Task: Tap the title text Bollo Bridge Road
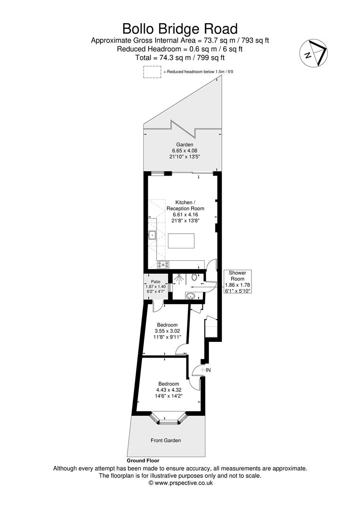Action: coord(180,28)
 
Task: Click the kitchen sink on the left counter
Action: coord(152,235)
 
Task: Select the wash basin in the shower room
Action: coord(190,296)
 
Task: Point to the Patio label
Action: coord(155,281)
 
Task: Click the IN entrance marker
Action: coord(207,370)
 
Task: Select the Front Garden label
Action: coord(166,440)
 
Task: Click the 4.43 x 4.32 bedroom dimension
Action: coord(168,390)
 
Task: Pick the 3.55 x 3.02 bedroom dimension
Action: coord(167,331)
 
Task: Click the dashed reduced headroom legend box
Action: coord(152,72)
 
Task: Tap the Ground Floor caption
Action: coord(143,460)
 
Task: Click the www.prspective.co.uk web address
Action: coord(180,483)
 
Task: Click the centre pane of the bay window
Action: coord(167,422)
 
